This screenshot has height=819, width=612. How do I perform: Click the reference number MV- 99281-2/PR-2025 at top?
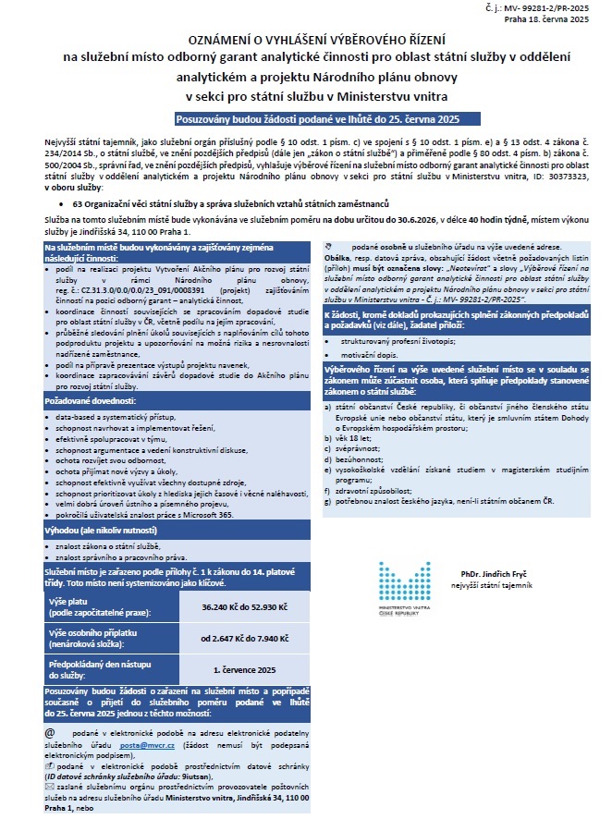(549, 7)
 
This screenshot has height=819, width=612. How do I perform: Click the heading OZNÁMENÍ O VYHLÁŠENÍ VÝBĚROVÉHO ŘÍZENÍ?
(305, 41)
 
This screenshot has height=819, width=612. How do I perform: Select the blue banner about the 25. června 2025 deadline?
(305, 118)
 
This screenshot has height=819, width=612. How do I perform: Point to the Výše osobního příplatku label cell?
(104, 639)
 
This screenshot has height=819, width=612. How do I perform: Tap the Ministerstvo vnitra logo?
(403, 593)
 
